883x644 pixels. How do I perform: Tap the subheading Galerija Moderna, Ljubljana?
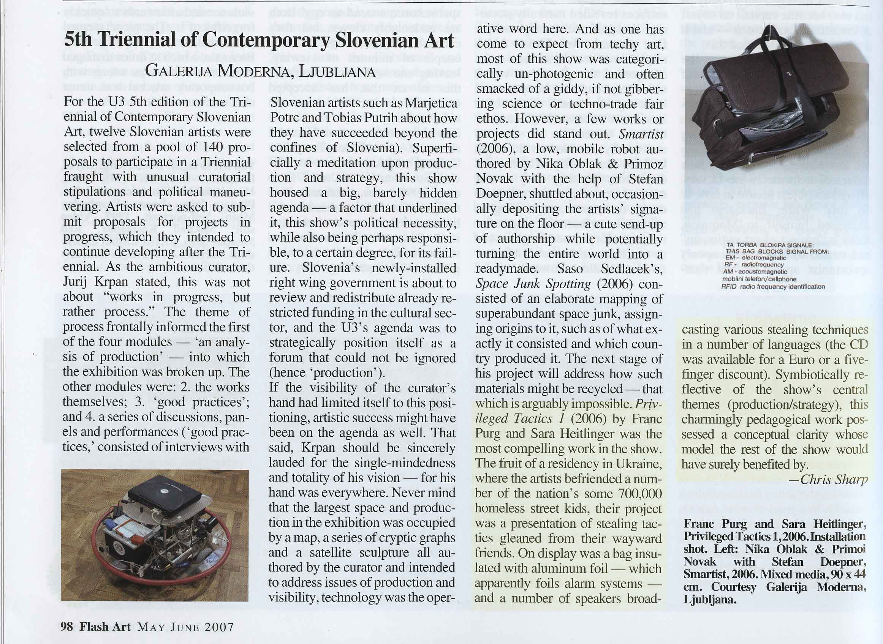coord(260,72)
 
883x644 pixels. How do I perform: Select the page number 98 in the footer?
coord(67,627)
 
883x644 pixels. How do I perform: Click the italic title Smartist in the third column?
coord(641,134)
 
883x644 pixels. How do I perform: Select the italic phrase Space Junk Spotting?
coord(533,284)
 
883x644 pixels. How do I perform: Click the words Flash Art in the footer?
coord(105,627)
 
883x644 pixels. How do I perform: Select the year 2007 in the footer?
coord(219,627)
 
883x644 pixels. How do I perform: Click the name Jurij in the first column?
coord(75,281)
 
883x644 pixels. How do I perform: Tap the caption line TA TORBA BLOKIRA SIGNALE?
coord(769,245)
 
